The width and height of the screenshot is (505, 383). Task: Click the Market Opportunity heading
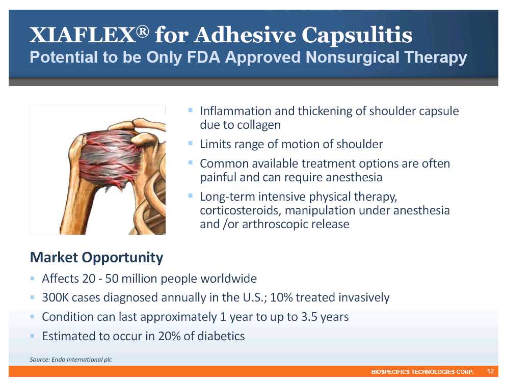(97, 258)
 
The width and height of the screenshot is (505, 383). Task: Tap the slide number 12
(490, 371)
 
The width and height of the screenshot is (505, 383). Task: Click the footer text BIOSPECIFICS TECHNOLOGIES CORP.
(422, 372)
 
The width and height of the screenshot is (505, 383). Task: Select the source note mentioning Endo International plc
(71, 360)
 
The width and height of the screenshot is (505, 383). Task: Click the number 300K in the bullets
(56, 297)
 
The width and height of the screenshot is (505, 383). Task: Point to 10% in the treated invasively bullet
(281, 297)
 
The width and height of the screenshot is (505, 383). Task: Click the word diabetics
(221, 336)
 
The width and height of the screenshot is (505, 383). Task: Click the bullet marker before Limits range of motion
(191, 143)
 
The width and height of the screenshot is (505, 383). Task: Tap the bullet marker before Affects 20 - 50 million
(32, 278)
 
